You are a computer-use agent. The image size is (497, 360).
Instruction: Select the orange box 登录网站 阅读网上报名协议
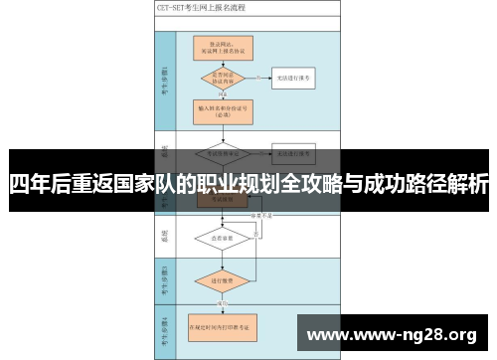click(223, 46)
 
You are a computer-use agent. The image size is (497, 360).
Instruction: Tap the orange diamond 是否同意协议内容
click(223, 76)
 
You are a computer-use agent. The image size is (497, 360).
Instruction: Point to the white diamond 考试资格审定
click(223, 153)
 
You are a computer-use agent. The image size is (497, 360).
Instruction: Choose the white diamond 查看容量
click(223, 238)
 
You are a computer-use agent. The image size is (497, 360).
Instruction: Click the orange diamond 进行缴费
click(223, 282)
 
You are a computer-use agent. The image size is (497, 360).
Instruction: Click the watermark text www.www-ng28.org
click(395, 332)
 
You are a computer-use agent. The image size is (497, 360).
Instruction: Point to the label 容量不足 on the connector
click(260, 213)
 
